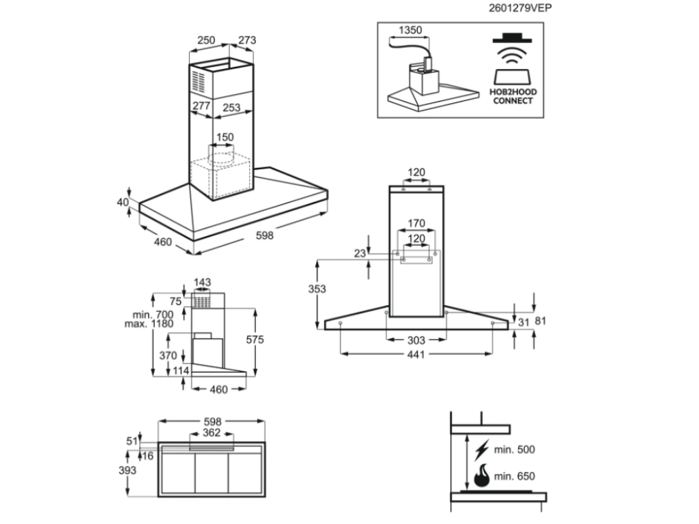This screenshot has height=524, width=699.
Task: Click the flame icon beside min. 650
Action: point(482,475)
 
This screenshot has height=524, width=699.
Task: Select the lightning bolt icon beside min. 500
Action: point(482,449)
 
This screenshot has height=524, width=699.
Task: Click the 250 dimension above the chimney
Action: point(207,41)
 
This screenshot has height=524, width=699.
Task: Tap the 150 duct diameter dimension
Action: point(225,138)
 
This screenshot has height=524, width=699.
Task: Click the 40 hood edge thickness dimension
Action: point(122,202)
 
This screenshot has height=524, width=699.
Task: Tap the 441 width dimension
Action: point(416,354)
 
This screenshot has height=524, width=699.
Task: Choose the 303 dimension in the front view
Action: point(416,340)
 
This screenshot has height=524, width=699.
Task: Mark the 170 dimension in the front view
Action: point(416,223)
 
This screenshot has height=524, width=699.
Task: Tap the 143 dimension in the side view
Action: point(201,282)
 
